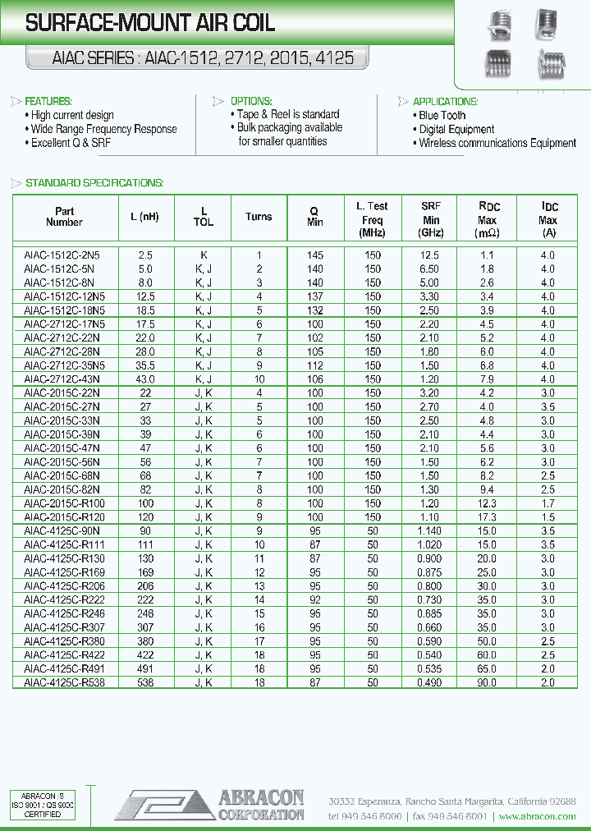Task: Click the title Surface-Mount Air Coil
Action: tap(150, 25)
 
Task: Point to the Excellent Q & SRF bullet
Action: tap(71, 143)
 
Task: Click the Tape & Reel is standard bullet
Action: tap(287, 114)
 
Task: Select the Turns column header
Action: tap(259, 217)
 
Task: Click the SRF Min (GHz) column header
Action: tap(431, 219)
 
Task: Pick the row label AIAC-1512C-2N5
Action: tap(62, 255)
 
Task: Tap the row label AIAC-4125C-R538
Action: tap(64, 682)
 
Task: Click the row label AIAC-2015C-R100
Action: tap(64, 503)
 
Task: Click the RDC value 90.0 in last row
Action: tap(488, 682)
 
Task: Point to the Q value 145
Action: tap(315, 255)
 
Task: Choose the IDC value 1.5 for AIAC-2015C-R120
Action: tap(547, 517)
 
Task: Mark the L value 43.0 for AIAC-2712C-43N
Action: tap(144, 379)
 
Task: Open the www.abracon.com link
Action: tap(537, 816)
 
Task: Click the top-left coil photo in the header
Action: tap(498, 25)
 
